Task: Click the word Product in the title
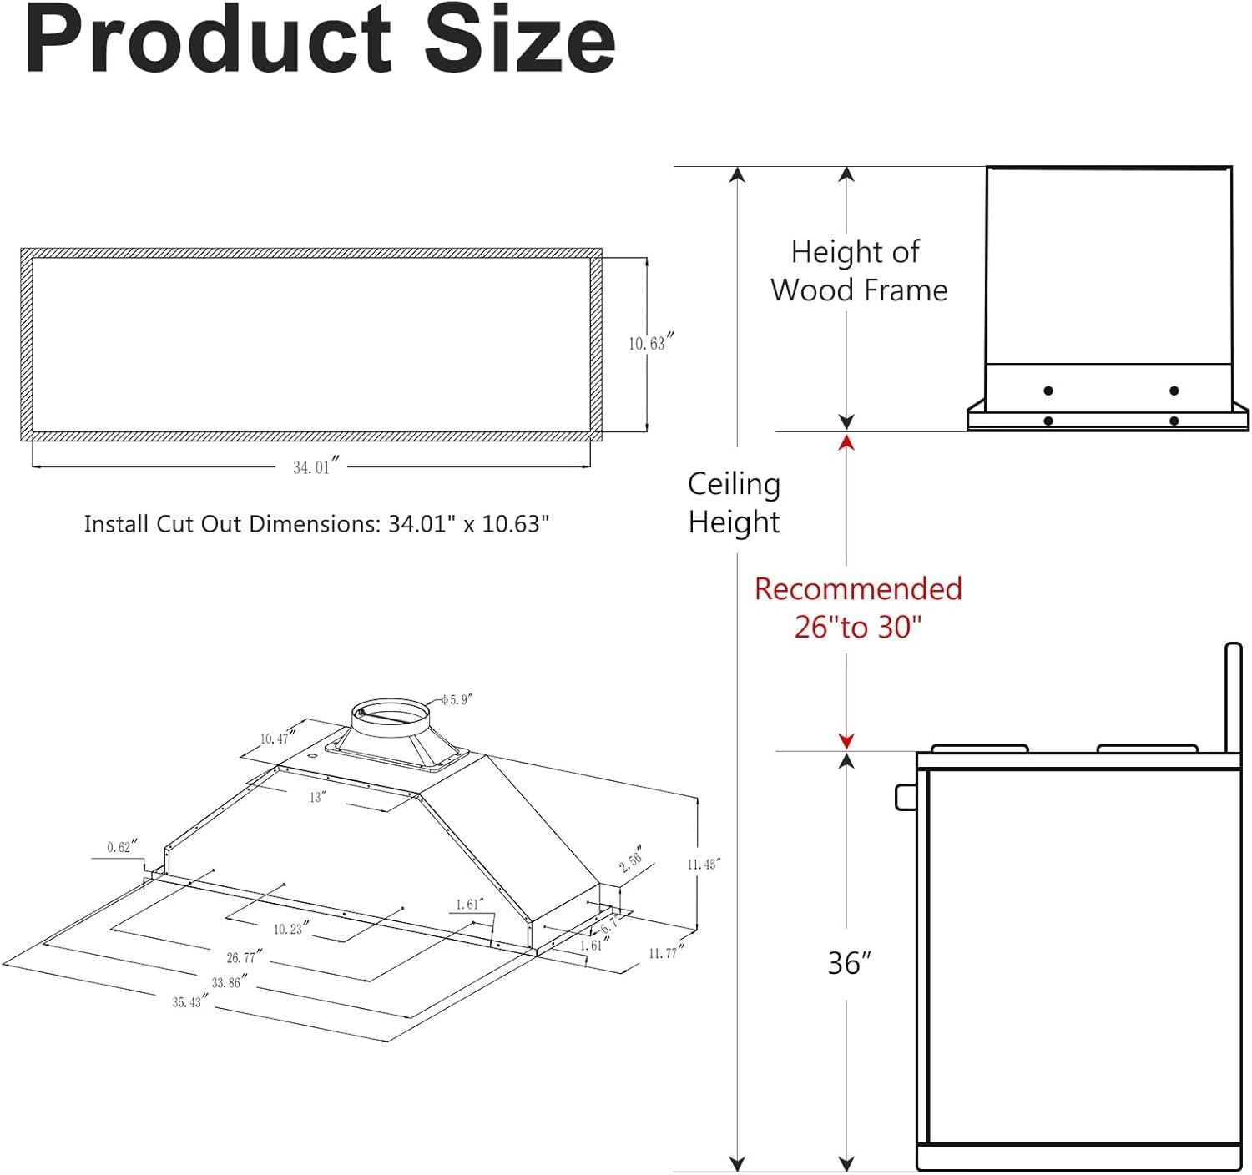pyautogui.click(x=208, y=39)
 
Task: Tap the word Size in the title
pyautogui.click(x=519, y=39)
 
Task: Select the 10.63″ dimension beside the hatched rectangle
pyautogui.click(x=650, y=342)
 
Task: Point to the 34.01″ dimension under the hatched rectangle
pyautogui.click(x=316, y=466)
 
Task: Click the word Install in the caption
pyautogui.click(x=117, y=524)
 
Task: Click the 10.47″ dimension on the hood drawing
pyautogui.click(x=277, y=737)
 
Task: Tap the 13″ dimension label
pyautogui.click(x=318, y=797)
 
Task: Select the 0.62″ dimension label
pyautogui.click(x=122, y=846)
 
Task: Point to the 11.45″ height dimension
pyautogui.click(x=704, y=865)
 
